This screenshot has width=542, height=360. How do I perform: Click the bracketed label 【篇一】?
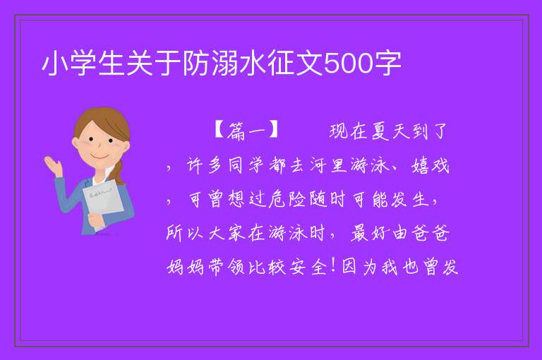click(x=247, y=131)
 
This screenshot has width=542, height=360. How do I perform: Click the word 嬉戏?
click(x=430, y=166)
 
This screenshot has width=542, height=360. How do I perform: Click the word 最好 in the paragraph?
click(x=371, y=233)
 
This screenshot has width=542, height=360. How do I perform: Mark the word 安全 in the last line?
click(x=308, y=267)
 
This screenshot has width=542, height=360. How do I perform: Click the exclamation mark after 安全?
click(x=333, y=265)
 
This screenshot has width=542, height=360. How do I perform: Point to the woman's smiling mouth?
click(x=100, y=157)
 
